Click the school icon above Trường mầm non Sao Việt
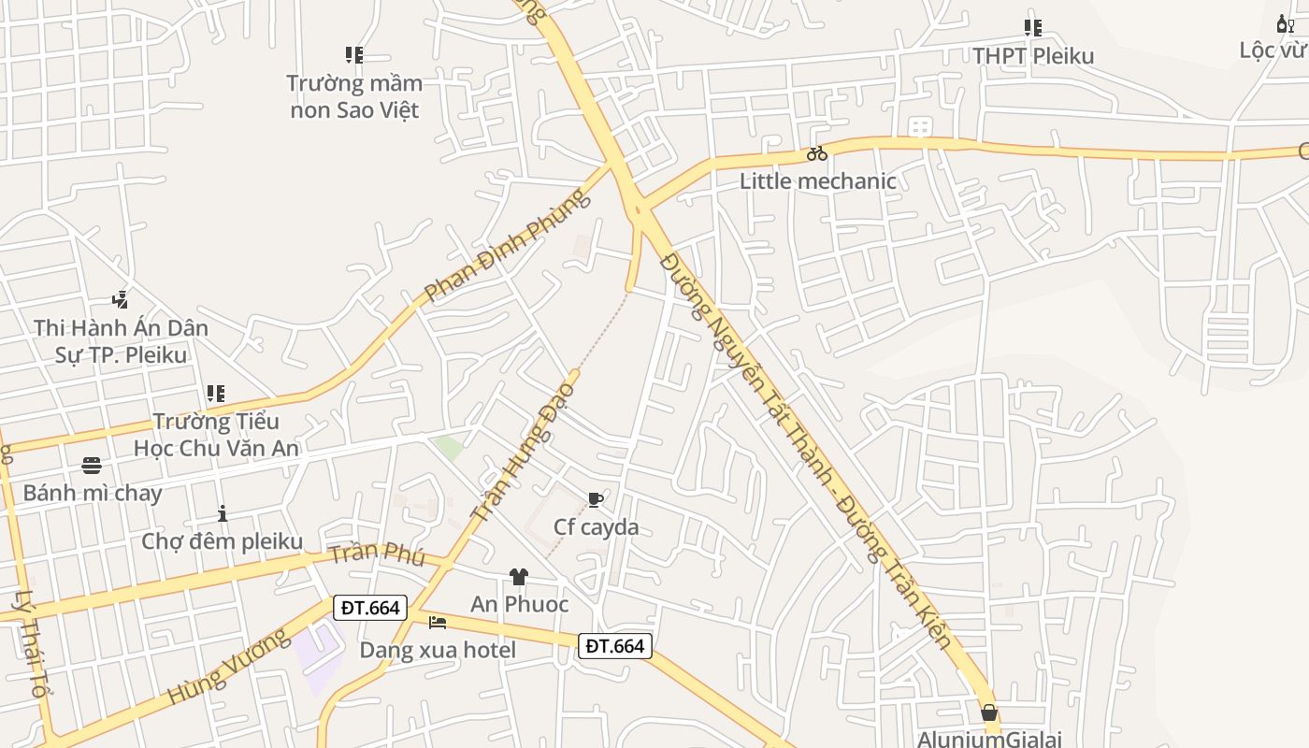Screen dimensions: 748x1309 353,55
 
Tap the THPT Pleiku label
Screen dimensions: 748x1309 1033,56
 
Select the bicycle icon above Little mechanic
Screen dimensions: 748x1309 817,153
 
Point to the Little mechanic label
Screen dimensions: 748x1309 818,180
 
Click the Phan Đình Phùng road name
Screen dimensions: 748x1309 509,245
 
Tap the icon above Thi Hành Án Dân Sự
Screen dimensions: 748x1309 120,300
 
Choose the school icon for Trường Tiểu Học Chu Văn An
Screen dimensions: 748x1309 216,394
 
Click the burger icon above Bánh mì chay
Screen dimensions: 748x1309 92,465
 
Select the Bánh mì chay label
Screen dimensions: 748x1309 93,493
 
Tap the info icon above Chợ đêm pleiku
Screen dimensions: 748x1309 223,513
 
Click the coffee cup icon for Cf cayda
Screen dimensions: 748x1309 596,500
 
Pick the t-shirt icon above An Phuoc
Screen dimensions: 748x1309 519,577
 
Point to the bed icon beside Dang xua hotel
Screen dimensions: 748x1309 438,622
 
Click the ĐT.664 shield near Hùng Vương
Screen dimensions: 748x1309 370,608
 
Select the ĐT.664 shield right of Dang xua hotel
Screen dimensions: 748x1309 614,645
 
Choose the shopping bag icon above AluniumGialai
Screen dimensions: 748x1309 989,712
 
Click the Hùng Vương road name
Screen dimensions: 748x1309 228,668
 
